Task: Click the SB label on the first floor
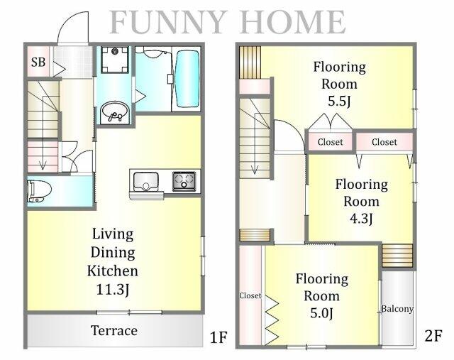coord(38,62)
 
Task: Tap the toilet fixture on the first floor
coord(39,191)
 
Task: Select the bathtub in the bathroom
coord(187,79)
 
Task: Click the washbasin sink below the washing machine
coord(115,112)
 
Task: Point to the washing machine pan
coord(115,60)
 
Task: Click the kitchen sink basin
coord(146,182)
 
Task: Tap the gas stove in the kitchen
coord(184,182)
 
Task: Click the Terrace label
coord(114,330)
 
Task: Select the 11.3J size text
coord(112,289)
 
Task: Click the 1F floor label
coord(218,337)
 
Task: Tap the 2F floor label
coord(433,337)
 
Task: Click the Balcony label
coord(397,309)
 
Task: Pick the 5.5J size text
coord(339,101)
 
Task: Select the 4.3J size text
coord(361,218)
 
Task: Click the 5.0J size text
coord(321,313)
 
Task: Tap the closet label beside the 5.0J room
coord(250,295)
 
